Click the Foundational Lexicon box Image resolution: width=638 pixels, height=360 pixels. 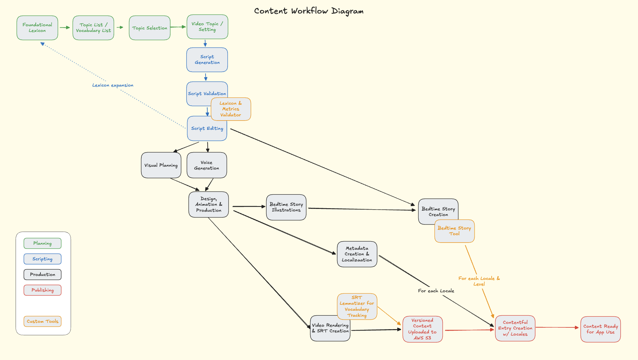click(37, 28)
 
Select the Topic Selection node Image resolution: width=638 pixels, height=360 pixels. click(150, 28)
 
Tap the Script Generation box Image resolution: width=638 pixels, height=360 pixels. click(207, 60)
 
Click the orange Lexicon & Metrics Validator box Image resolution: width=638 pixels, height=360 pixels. click(231, 109)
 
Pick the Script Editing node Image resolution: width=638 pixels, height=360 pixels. click(207, 128)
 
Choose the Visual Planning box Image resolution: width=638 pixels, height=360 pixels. click(161, 165)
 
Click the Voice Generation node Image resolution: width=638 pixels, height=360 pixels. click(207, 165)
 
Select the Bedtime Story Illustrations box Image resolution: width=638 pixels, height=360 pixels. click(286, 207)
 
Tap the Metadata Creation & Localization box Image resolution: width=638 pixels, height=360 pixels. click(357, 254)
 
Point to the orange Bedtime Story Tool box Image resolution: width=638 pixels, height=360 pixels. click(454, 231)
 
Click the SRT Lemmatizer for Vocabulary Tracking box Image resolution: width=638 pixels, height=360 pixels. click(357, 306)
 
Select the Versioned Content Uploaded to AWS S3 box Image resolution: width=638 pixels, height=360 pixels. click(422, 329)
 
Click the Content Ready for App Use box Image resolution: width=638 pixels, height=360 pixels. click(600, 329)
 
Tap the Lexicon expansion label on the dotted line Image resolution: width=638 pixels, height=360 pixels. click(113, 85)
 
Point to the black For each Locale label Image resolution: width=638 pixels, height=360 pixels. click(436, 291)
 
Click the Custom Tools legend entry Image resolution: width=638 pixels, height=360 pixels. click(43, 321)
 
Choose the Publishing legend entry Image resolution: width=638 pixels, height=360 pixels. click(43, 290)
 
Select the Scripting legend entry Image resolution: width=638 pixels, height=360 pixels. click(43, 259)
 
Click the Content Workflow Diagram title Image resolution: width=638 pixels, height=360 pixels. click(309, 11)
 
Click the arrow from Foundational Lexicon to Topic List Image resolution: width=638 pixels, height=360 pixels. click(65, 27)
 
